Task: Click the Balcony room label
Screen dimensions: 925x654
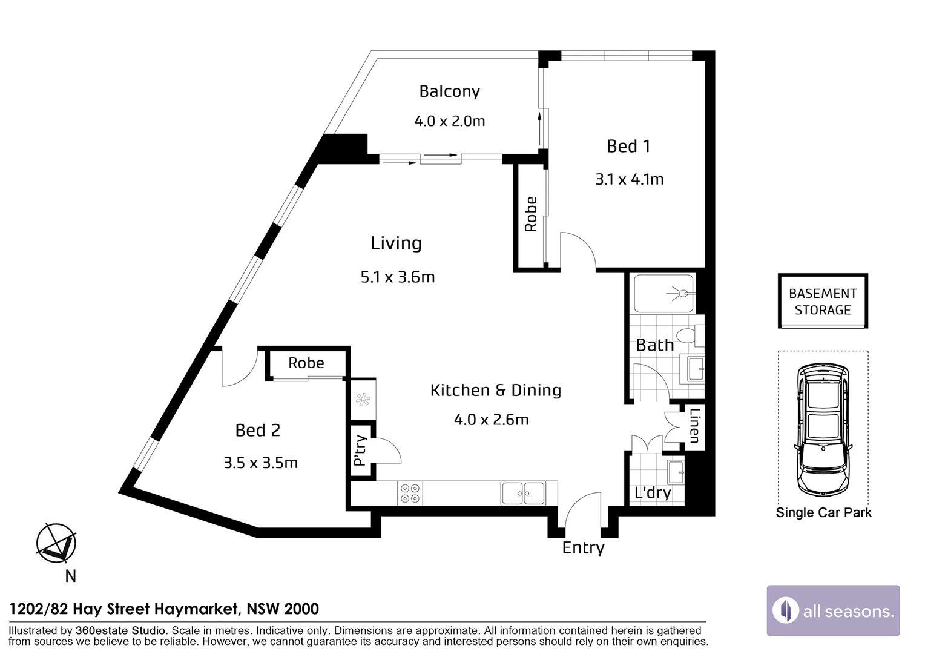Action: pos(449,91)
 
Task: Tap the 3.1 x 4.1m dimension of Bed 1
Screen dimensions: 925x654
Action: pos(630,179)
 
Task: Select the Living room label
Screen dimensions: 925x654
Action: pos(396,243)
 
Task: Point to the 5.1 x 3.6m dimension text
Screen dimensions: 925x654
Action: pos(398,277)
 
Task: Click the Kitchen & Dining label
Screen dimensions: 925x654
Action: pos(496,390)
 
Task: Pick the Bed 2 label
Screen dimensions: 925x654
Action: pos(258,431)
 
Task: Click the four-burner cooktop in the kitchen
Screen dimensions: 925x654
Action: pos(410,493)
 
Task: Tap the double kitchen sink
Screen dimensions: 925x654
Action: pos(523,493)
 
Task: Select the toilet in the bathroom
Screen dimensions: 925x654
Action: pos(690,335)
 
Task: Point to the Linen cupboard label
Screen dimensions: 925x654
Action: pos(694,425)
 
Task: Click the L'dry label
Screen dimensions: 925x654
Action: pos(653,492)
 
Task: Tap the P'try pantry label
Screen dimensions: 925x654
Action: pos(361,451)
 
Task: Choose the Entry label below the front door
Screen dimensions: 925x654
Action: pos(583,548)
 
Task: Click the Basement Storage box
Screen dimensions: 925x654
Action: pos(823,301)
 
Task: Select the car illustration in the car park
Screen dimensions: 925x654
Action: pos(823,430)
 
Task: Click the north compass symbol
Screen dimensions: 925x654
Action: pos(56,543)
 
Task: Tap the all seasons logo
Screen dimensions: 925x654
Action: pos(834,610)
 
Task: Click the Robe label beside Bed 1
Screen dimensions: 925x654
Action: pos(531,214)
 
